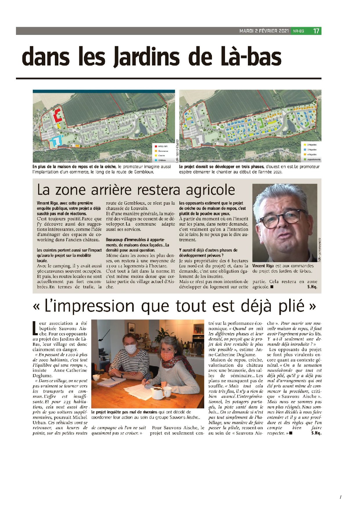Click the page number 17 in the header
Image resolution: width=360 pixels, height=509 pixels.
(316, 31)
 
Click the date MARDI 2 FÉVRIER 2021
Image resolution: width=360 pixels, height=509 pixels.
(264, 31)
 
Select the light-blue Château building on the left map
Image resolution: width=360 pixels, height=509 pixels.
(55, 141)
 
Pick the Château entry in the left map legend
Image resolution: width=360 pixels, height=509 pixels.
(162, 160)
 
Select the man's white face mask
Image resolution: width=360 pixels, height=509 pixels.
(131, 349)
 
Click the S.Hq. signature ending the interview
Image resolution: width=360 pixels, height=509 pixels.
(312, 287)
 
